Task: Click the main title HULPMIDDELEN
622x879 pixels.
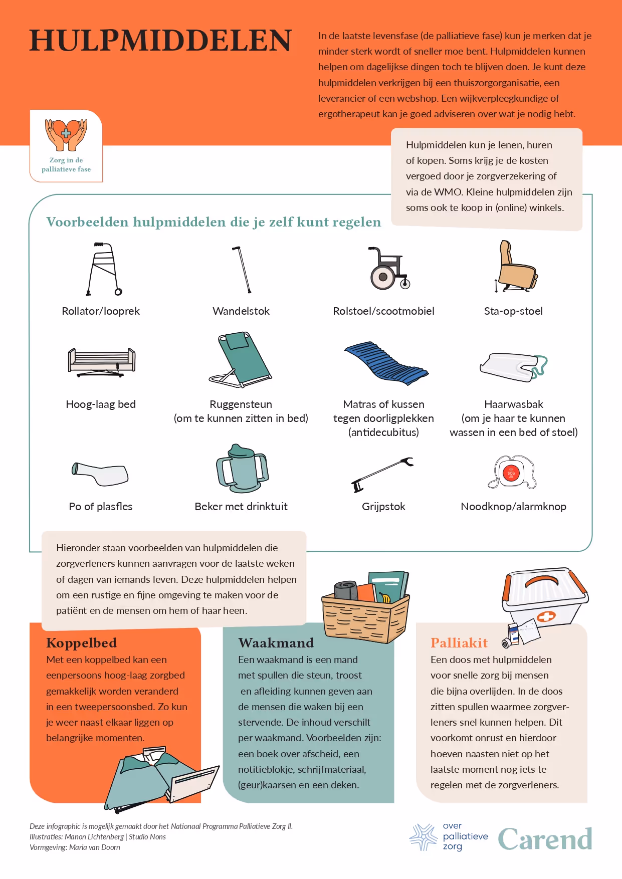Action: pyautogui.click(x=160, y=41)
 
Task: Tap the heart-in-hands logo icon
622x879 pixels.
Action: pyautogui.click(x=66, y=135)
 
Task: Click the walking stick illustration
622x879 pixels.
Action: pyautogui.click(x=242, y=269)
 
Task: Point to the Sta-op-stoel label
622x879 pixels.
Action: pyautogui.click(x=513, y=311)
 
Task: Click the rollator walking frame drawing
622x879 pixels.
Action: pyautogui.click(x=104, y=269)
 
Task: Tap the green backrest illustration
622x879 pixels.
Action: pyautogui.click(x=241, y=359)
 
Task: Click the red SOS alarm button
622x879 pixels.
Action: pyautogui.click(x=512, y=473)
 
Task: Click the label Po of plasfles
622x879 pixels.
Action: pyautogui.click(x=101, y=507)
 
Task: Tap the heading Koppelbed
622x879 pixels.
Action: pyautogui.click(x=81, y=643)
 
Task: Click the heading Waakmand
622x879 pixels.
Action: pyautogui.click(x=276, y=643)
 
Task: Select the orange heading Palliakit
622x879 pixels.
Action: pyautogui.click(x=459, y=643)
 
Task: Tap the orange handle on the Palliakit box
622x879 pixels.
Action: pyautogui.click(x=541, y=581)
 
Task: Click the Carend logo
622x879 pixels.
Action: pyautogui.click(x=545, y=839)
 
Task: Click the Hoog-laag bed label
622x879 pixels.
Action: pyautogui.click(x=101, y=404)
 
